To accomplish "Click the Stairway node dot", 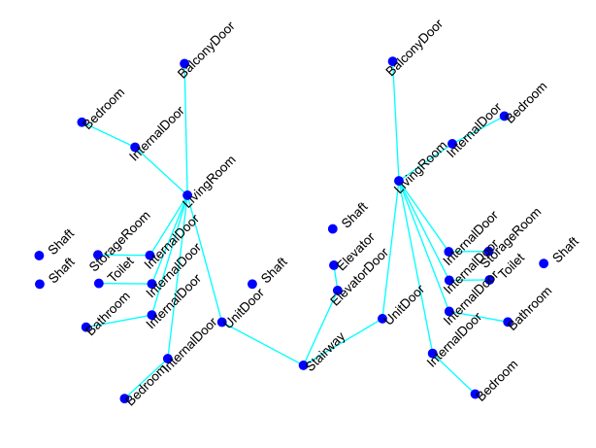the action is (x=303, y=365).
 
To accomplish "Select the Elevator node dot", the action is (x=334, y=264).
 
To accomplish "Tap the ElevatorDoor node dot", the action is (x=338, y=291).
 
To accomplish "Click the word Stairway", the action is (x=327, y=351).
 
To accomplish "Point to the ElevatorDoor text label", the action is (x=360, y=276).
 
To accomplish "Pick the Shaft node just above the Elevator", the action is (x=333, y=229).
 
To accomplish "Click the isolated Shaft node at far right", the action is (x=544, y=263).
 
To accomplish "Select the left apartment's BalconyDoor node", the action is (x=184, y=64).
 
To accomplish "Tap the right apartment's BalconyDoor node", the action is (x=392, y=61).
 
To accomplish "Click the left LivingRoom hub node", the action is (x=187, y=195).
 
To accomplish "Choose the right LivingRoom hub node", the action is (x=399, y=181).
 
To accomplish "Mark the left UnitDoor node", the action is (x=222, y=322).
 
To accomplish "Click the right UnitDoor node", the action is (x=382, y=319).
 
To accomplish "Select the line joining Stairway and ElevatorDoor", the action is (x=320, y=328).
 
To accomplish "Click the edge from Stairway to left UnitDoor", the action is (x=262, y=343).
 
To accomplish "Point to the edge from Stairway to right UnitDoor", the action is (x=343, y=342).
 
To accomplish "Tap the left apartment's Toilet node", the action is (x=99, y=284).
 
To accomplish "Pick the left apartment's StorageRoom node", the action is (x=98, y=255).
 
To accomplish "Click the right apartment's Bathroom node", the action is (x=508, y=322).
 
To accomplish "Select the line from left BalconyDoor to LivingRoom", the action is (x=185, y=129).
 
